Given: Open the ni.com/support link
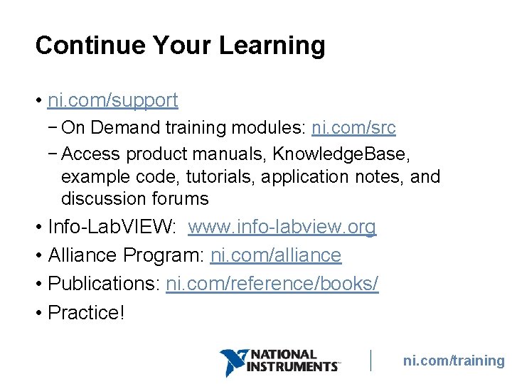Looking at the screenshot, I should [x=112, y=100].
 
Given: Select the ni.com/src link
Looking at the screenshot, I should [x=353, y=128].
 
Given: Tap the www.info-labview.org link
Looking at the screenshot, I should [x=282, y=227].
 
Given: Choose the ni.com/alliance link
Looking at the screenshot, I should [x=276, y=255].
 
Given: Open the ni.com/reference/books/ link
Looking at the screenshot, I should [x=272, y=284].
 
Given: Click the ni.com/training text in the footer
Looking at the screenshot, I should [x=454, y=361].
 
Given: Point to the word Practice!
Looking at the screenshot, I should [x=86, y=312].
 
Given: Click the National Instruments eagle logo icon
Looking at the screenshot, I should [x=233, y=362].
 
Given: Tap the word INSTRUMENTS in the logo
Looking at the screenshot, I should [x=292, y=367].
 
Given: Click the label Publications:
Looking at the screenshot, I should [x=104, y=284].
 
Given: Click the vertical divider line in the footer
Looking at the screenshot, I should [x=370, y=361].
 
